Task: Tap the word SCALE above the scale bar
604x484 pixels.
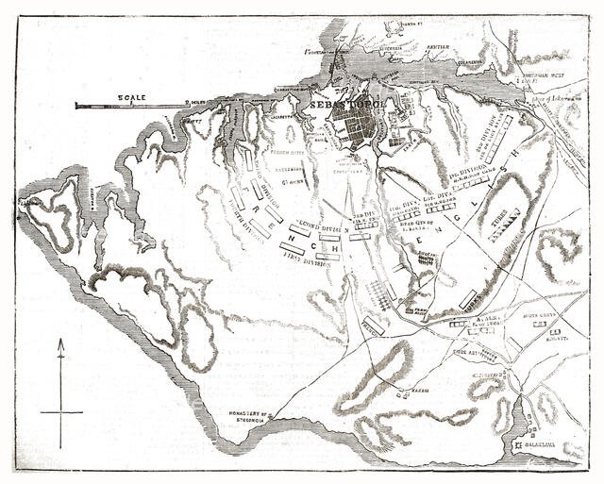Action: [130, 97]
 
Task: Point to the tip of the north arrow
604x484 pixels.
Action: [61, 342]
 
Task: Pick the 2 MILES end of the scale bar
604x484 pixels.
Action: [194, 101]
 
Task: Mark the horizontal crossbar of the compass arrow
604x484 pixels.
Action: [61, 411]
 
